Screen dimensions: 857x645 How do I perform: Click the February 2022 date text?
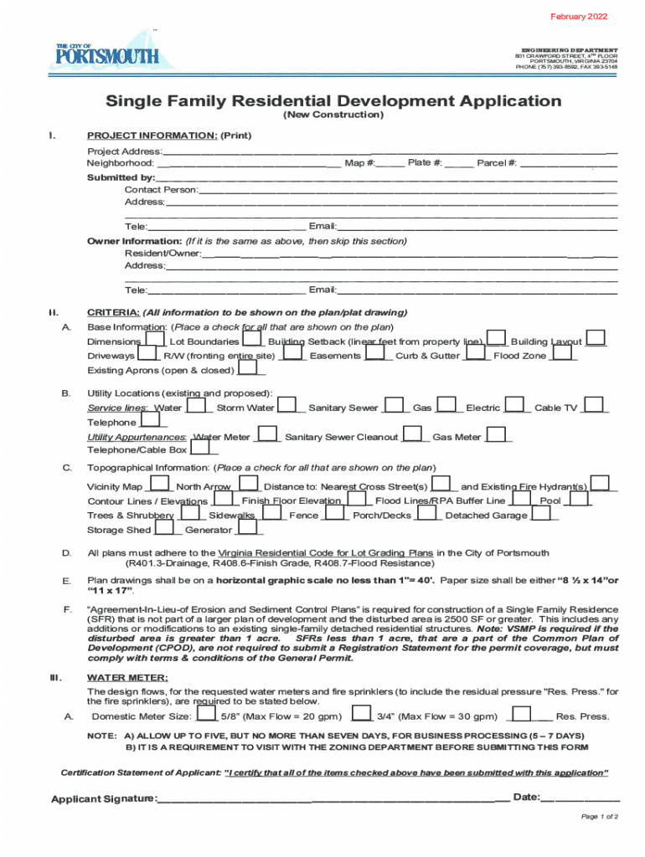[x=579, y=17]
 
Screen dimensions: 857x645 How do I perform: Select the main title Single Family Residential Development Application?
[x=333, y=101]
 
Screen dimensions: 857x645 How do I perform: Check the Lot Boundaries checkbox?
[x=252, y=340]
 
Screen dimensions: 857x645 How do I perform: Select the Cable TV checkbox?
[x=594, y=406]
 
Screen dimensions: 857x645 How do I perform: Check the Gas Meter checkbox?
[x=496, y=435]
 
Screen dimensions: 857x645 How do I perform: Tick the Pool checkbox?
[x=575, y=499]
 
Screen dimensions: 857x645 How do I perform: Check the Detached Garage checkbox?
[x=543, y=514]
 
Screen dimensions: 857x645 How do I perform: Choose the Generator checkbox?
[x=248, y=528]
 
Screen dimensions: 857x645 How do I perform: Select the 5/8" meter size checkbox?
[x=205, y=715]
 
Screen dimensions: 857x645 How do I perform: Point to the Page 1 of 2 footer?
[x=600, y=817]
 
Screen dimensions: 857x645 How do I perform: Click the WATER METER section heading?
[x=127, y=677]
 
